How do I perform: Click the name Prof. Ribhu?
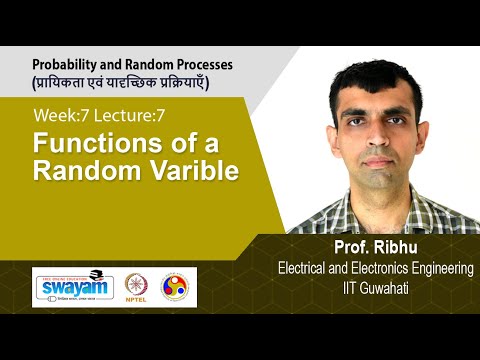pyautogui.click(x=374, y=248)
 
